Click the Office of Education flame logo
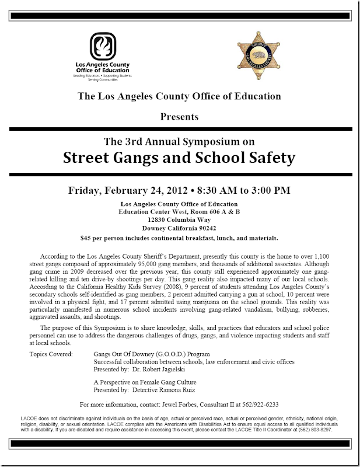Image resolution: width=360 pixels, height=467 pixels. click(106, 47)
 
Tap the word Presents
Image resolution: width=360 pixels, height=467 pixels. click(180, 117)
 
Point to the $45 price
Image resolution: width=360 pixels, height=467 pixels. click(87, 238)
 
